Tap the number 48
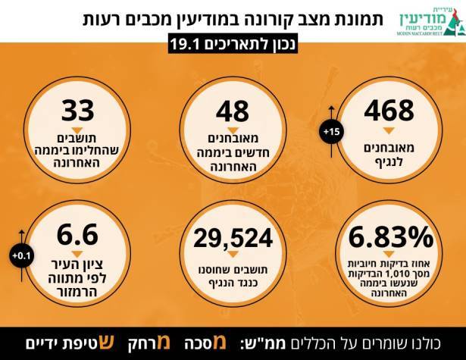pos(233,111)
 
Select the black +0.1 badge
pos(18,256)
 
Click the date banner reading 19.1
pos(233,45)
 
